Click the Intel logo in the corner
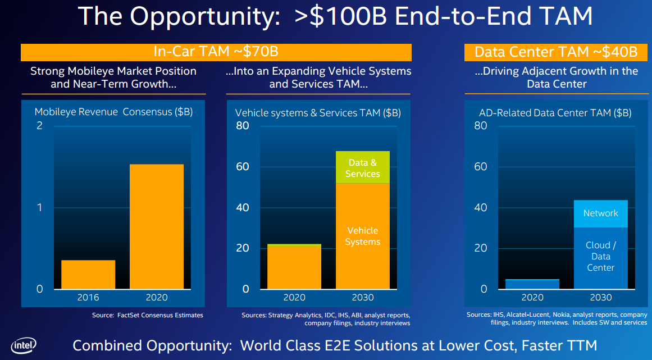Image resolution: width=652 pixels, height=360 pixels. pos(24,346)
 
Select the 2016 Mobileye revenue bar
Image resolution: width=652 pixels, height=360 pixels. pos(88,275)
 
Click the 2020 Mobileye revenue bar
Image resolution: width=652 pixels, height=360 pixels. pos(156,227)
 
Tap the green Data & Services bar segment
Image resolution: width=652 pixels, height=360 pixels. pos(362,167)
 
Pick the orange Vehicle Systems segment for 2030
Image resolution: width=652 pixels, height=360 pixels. pos(362,236)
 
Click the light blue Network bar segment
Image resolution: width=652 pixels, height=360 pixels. pos(600,214)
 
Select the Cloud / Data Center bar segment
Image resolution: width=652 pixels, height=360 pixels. pos(600,258)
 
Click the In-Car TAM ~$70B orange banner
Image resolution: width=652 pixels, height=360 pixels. pos(216,52)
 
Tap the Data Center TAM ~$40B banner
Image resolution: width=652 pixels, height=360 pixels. pos(556,52)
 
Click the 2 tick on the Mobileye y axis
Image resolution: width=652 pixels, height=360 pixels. pos(39,125)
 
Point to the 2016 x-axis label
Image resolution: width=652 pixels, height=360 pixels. pos(88,298)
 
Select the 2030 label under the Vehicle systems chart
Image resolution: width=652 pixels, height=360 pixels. pos(362,298)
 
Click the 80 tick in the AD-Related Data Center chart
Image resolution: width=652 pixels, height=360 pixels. pos(481,125)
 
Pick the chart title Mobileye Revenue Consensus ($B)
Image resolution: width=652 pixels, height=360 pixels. pos(113,112)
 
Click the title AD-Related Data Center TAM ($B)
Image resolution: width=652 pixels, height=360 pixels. pos(555,113)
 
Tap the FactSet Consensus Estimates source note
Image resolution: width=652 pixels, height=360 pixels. pos(148,315)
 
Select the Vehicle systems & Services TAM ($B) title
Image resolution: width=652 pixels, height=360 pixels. pos(318,113)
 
